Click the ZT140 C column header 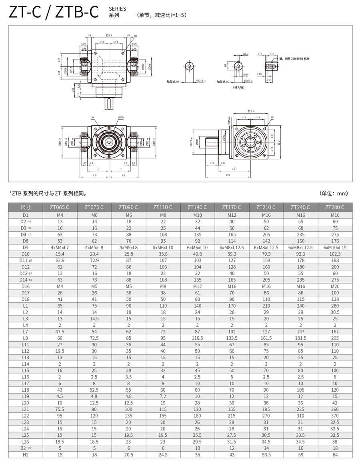tap(197, 207)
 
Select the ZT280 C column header tap(335, 207)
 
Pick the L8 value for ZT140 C tap(197, 338)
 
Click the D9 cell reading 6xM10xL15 tap(335, 248)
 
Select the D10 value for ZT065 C tap(60, 254)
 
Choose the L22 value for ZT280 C tap(335, 416)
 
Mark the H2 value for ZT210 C tap(266, 454)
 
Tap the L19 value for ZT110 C tap(163, 396)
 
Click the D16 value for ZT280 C tap(335, 286)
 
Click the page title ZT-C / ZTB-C tap(54, 12)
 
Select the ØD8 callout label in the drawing tap(121, 118)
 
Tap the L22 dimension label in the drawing tap(228, 175)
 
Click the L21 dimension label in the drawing tap(234, 169)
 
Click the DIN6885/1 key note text tap(294, 58)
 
